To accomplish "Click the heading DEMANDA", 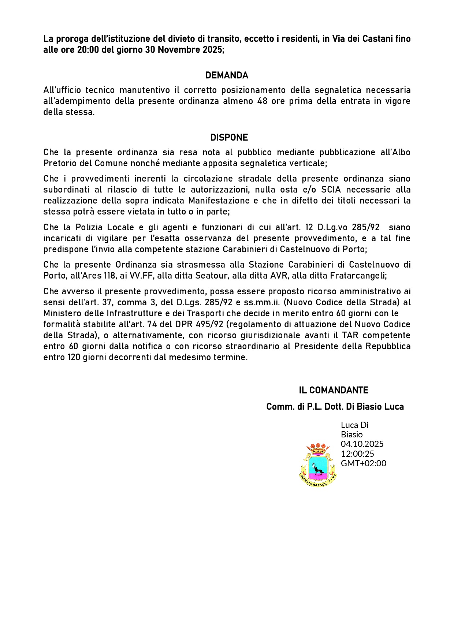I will pos(227,75).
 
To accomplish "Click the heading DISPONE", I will pos(229,138).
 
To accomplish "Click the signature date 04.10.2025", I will pos(362,444).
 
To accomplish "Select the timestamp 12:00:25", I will pos(357,454).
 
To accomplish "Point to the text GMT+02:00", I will pos(363,463).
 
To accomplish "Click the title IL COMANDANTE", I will pos(333,390).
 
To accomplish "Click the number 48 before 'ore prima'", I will pos(262,101).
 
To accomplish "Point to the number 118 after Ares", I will pos(109,276).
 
